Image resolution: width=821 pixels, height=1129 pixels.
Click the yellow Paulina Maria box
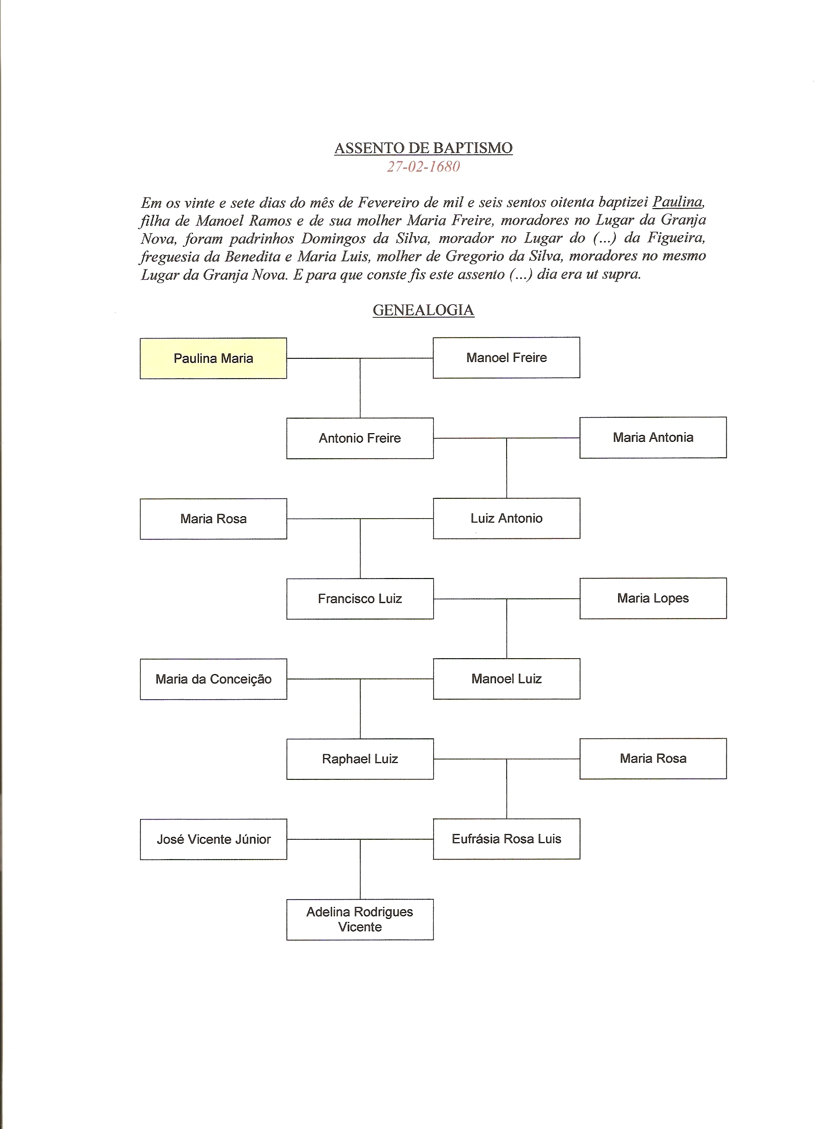pyautogui.click(x=213, y=358)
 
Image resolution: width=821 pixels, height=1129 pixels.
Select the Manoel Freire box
pyautogui.click(x=506, y=357)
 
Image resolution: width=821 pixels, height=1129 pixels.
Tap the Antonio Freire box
pyautogui.click(x=359, y=438)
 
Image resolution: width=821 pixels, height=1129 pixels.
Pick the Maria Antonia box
pyautogui.click(x=653, y=437)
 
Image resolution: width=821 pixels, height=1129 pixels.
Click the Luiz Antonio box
pyautogui.click(x=506, y=518)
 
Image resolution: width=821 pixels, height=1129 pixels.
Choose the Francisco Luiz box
pyautogui.click(x=359, y=598)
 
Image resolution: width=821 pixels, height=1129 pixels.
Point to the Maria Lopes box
pyautogui.click(x=653, y=598)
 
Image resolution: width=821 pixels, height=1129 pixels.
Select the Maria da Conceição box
pyautogui.click(x=213, y=679)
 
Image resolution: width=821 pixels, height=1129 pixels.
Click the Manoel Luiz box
pyautogui.click(x=506, y=678)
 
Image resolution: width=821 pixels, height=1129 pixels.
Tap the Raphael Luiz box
pyautogui.click(x=359, y=759)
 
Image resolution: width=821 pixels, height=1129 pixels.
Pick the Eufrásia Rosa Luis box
pyautogui.click(x=506, y=839)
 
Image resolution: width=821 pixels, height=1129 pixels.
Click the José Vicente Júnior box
pyautogui.click(x=213, y=839)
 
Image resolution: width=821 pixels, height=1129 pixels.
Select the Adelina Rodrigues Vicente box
pyautogui.click(x=359, y=919)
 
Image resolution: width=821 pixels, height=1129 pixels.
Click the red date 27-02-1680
pyautogui.click(x=423, y=166)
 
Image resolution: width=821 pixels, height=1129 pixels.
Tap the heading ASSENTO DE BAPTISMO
pyautogui.click(x=423, y=148)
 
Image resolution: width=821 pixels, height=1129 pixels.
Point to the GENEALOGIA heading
pyautogui.click(x=423, y=310)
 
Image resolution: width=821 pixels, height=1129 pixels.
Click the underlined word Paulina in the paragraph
pyautogui.click(x=678, y=202)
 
